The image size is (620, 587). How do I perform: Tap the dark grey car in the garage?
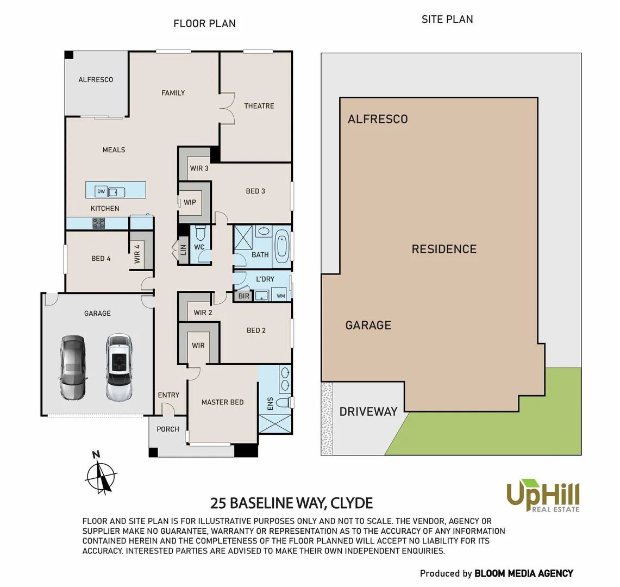coord(72,367)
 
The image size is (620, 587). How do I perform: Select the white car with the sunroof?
coord(119,367)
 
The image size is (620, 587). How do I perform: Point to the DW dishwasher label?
coord(101,191)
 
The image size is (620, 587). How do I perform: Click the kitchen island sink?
coord(116,192)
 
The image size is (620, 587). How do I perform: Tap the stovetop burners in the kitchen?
coord(98,223)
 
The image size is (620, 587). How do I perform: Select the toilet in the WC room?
coord(199,234)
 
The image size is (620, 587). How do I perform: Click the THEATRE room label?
coord(259,106)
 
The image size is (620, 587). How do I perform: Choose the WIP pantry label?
coord(190,202)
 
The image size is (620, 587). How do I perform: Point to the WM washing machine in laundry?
coord(281,296)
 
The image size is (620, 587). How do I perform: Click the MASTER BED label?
coord(222,402)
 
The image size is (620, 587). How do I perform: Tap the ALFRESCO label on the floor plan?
coord(96,80)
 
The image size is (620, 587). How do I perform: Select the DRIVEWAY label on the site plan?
coord(368,411)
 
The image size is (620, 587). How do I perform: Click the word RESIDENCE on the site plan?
coord(444,249)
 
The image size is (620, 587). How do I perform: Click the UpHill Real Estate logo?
coord(543,495)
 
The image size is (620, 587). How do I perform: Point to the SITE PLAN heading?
coord(447,20)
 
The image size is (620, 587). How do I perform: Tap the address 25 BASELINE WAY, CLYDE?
coord(291,503)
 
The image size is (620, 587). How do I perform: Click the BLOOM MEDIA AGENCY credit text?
coord(524,573)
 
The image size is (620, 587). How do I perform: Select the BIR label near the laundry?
coord(244,296)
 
